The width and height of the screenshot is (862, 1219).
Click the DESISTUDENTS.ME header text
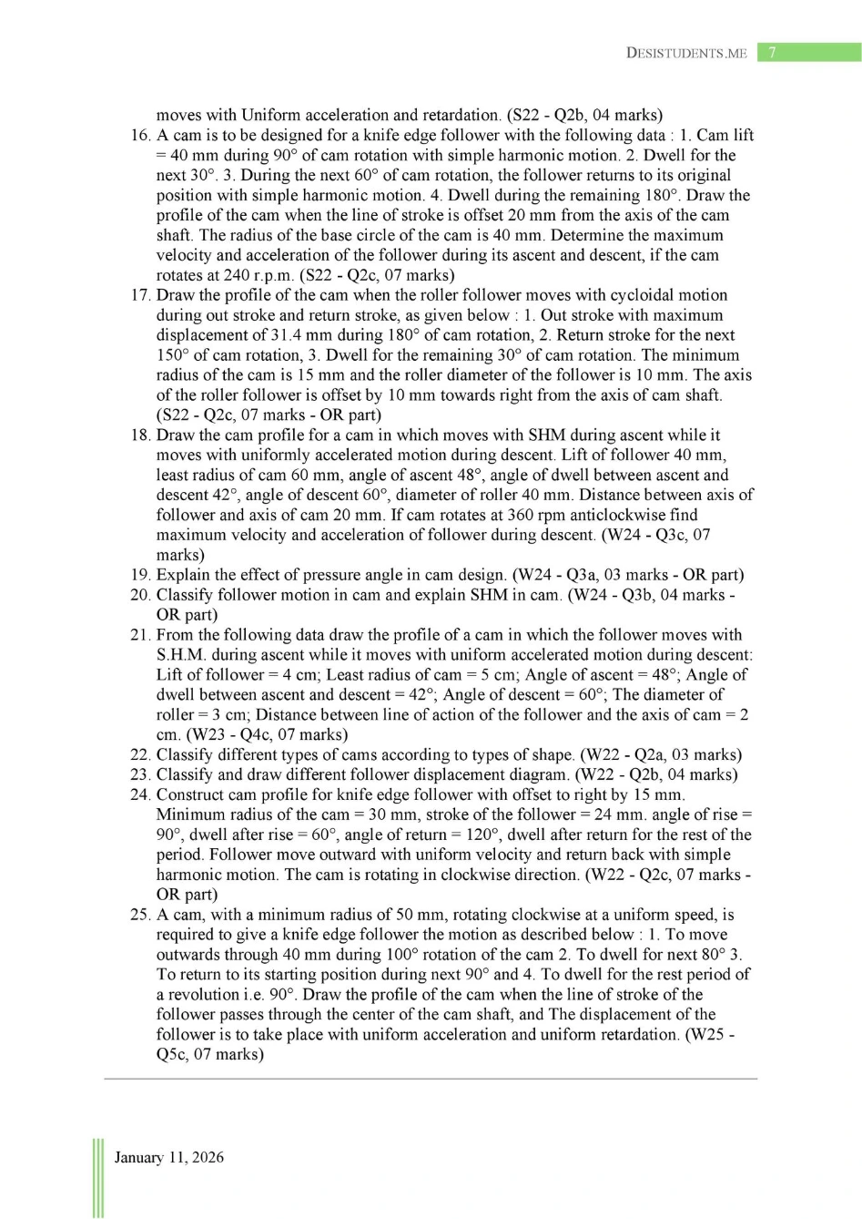(686, 53)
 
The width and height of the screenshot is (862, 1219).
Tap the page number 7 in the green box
(772, 52)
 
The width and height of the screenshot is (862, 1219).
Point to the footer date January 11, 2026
(168, 1157)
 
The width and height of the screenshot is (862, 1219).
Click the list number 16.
(140, 135)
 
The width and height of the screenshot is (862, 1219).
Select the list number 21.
(140, 635)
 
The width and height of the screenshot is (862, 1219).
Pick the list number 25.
(140, 915)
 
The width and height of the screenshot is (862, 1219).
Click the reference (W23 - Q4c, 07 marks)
(267, 735)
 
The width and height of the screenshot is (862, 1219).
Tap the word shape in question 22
(549, 755)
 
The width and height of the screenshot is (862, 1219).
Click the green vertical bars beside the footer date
(96, 1175)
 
